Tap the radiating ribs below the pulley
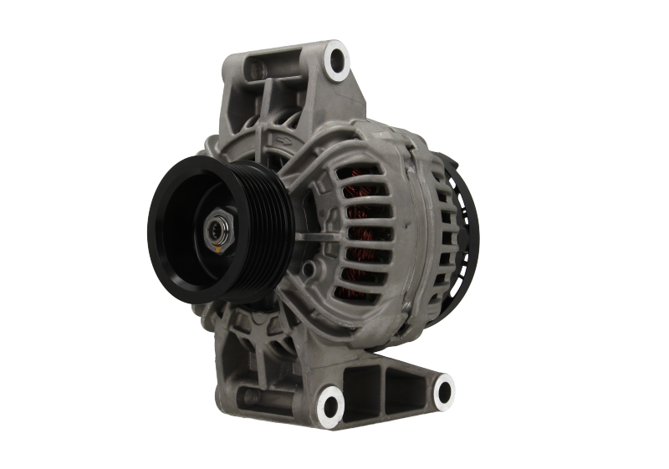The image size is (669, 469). (x=259, y=330)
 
